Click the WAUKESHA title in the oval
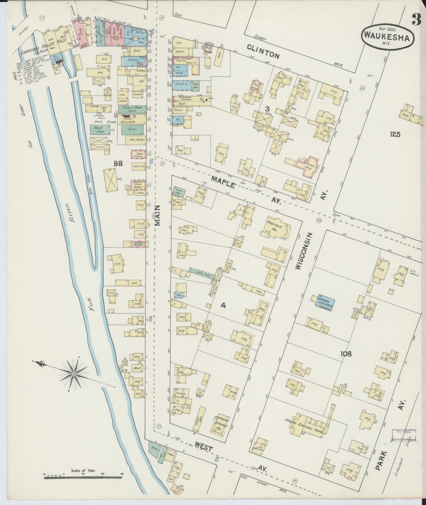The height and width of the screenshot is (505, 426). (x=387, y=38)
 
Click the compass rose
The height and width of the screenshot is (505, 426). (x=74, y=374)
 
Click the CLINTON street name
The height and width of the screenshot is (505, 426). (x=263, y=51)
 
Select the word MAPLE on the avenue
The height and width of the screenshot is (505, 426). (x=222, y=182)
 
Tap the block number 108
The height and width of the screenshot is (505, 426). (x=346, y=353)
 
